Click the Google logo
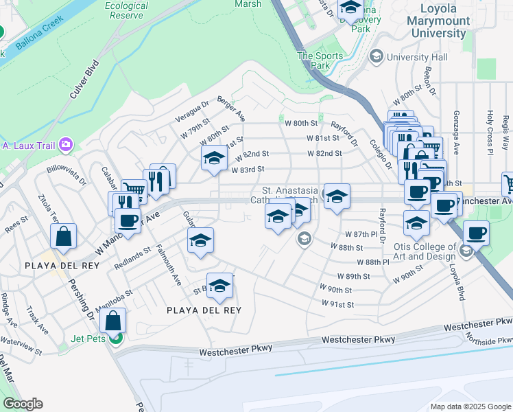coord(23,404)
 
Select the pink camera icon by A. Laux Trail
coord(66,144)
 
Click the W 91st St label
coord(338,304)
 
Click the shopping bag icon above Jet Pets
coord(112,320)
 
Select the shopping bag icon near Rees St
coord(63,236)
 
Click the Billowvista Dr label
coord(67,172)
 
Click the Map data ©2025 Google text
coord(470,407)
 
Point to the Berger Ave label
coord(231,109)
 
